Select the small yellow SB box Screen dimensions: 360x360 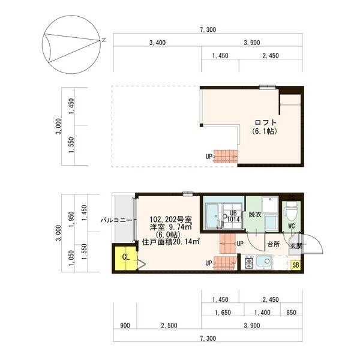(x=295, y=265)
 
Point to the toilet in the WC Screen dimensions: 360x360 (x=291, y=212)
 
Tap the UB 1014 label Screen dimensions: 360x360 (x=234, y=216)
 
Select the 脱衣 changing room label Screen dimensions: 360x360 (x=254, y=215)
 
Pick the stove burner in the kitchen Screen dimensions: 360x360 (x=248, y=262)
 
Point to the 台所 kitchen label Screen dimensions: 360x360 (x=273, y=245)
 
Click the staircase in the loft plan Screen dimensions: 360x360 (x=226, y=156)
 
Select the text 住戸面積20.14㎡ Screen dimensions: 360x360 (x=171, y=242)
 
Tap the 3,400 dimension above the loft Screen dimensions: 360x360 (x=157, y=43)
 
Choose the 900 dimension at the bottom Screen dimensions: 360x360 (x=125, y=326)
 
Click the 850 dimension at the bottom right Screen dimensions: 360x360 (x=292, y=312)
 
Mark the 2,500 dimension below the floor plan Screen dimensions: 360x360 (x=168, y=326)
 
